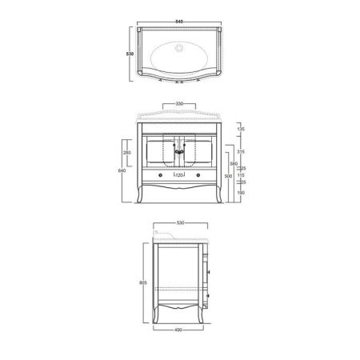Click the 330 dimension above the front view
(180, 103)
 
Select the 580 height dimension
(230, 163)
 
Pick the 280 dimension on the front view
(127, 152)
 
